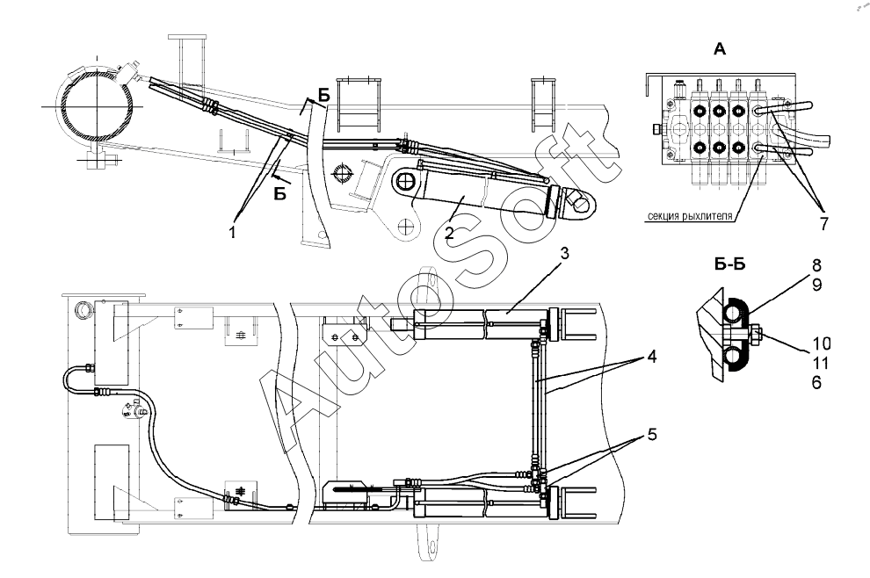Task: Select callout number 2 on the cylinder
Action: pos(448,233)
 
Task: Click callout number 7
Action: pos(823,224)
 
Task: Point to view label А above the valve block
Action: pos(720,50)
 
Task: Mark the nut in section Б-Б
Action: pos(756,334)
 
